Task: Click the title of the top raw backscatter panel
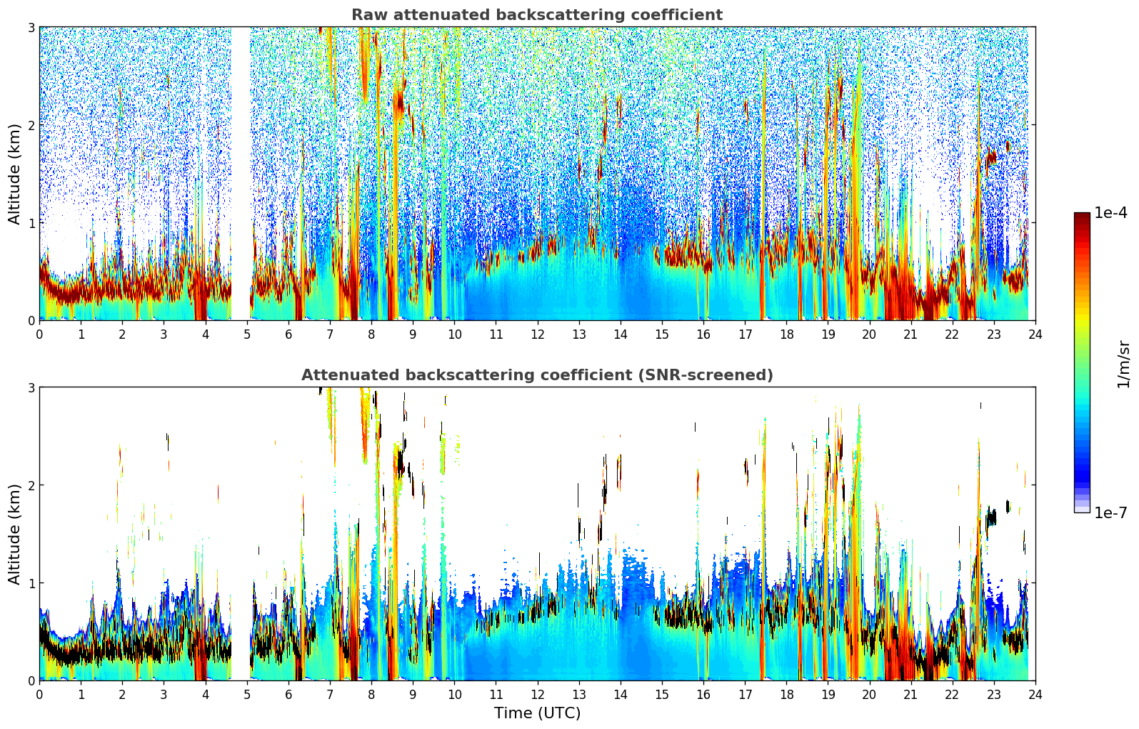pyautogui.click(x=537, y=15)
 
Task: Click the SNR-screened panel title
pyautogui.click(x=537, y=375)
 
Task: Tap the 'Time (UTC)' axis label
pyautogui.click(x=537, y=713)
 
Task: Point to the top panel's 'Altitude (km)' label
pyautogui.click(x=15, y=174)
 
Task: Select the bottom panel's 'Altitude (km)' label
pyautogui.click(x=15, y=534)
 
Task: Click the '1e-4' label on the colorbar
pyautogui.click(x=1110, y=213)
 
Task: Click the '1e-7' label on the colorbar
pyautogui.click(x=1110, y=512)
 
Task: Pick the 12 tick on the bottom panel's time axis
pyautogui.click(x=537, y=695)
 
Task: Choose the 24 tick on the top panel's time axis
pyautogui.click(x=1035, y=334)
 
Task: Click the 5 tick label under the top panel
pyautogui.click(x=247, y=334)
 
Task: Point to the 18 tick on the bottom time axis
pyautogui.click(x=786, y=695)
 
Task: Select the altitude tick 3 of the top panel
pyautogui.click(x=31, y=27)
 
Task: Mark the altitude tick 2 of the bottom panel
pyautogui.click(x=31, y=485)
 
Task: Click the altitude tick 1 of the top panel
pyautogui.click(x=31, y=223)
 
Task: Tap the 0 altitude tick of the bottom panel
pyautogui.click(x=31, y=680)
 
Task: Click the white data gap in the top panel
pyautogui.click(x=241, y=172)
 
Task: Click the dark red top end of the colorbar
pyautogui.click(x=1081, y=216)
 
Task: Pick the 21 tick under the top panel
pyautogui.click(x=910, y=334)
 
